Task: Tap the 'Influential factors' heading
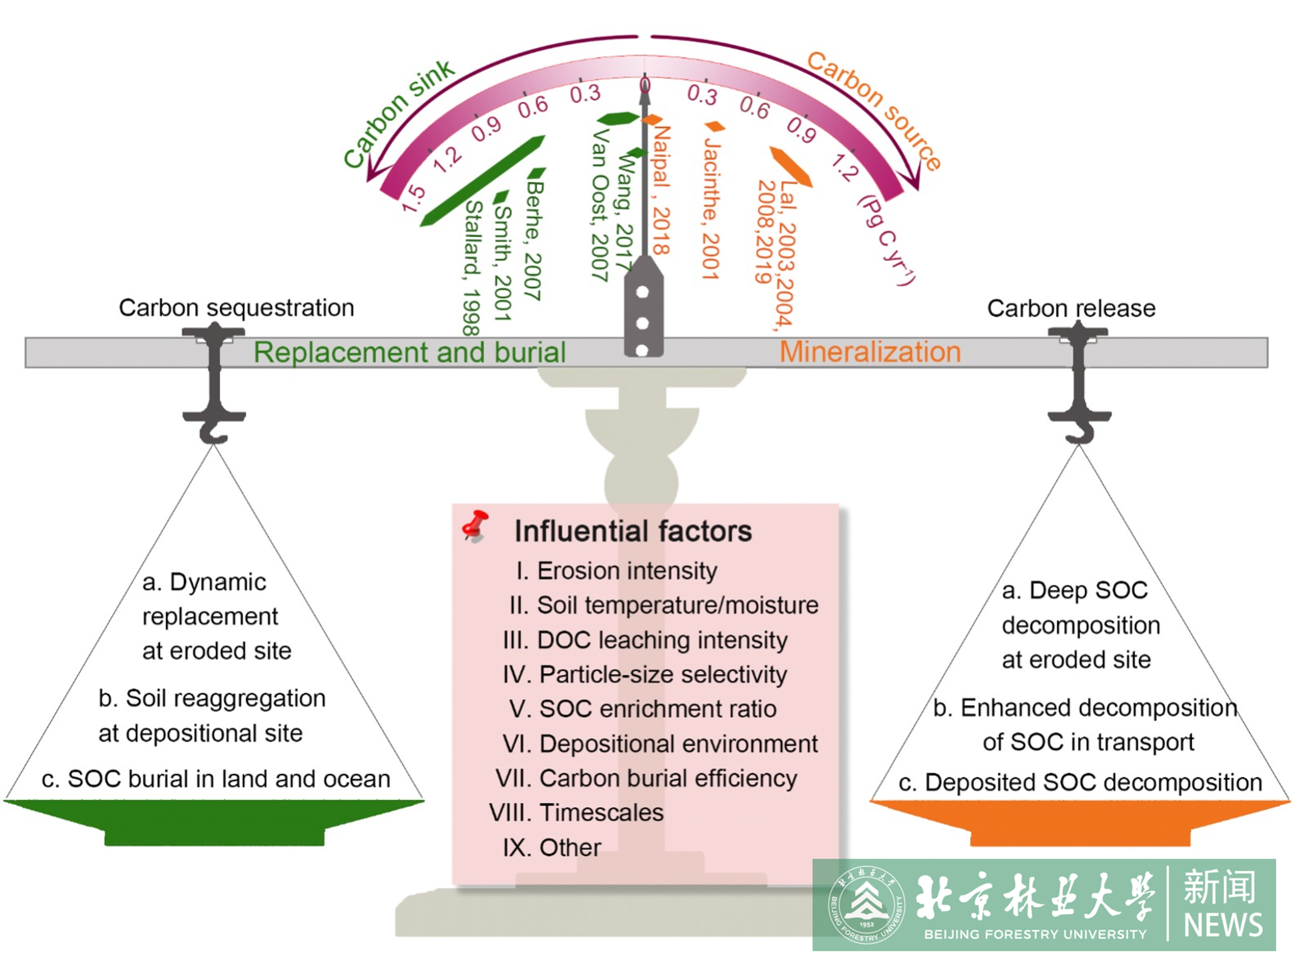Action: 633,531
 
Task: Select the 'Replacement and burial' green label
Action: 409,352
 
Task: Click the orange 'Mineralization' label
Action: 870,352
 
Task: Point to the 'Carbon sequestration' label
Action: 236,308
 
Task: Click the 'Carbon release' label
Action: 1071,308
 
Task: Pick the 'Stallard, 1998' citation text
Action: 472,268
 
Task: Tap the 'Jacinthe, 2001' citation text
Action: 711,209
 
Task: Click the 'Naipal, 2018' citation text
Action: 661,190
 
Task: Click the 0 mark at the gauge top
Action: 645,85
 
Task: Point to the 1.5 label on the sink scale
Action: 413,198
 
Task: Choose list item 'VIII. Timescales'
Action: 576,813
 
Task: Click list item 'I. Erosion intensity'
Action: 616,571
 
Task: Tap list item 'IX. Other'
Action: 552,847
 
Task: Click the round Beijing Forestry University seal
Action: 866,905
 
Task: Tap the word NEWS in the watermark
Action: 1223,925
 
